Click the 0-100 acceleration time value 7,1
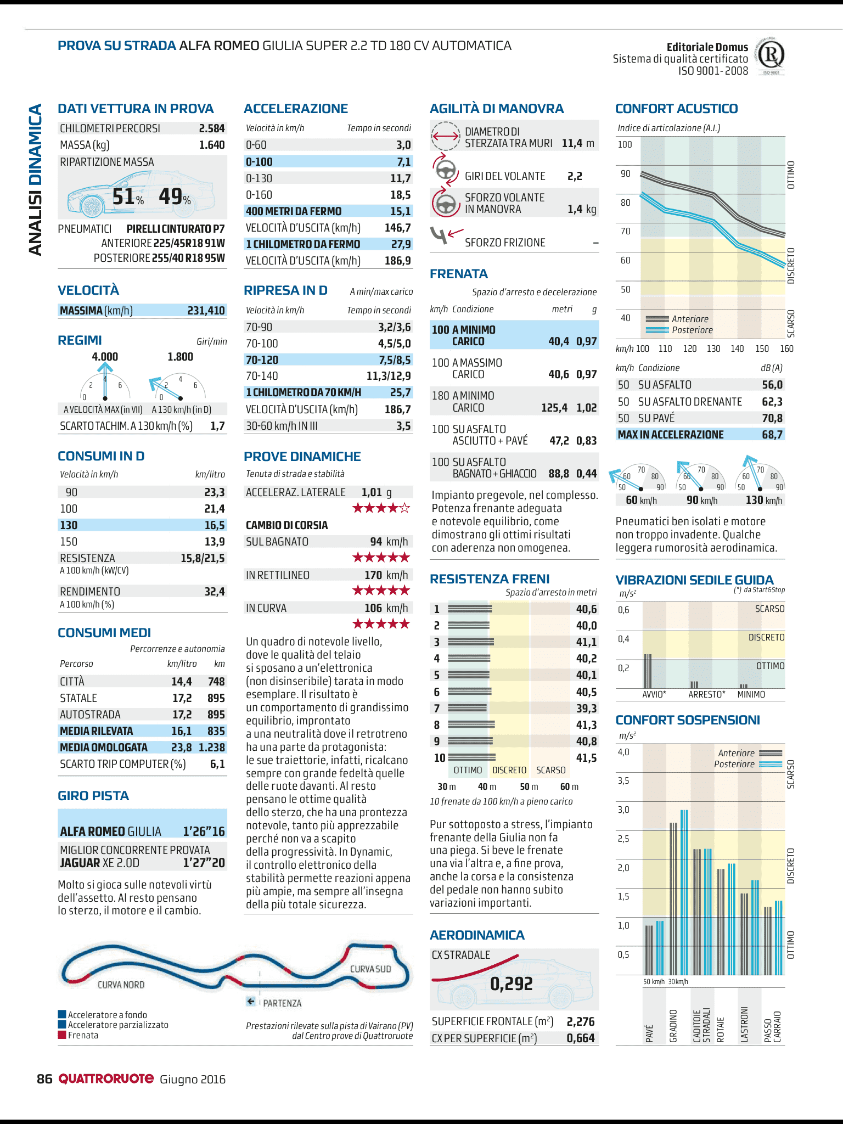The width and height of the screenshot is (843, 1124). (403, 162)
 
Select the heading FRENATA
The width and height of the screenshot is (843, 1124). (459, 274)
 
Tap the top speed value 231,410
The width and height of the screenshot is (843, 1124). (206, 311)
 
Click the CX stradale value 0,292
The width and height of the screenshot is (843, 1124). (512, 984)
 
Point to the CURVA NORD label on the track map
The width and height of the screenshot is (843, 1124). (121, 985)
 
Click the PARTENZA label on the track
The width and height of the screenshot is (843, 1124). (282, 1003)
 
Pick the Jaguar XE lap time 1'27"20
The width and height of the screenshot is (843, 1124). (204, 863)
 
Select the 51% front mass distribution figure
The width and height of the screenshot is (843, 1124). (128, 196)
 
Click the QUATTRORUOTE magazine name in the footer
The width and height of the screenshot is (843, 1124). (106, 1079)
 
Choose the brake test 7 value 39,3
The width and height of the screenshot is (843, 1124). (586, 709)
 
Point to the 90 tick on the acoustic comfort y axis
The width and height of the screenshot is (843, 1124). (626, 174)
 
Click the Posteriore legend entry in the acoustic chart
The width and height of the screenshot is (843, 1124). (692, 330)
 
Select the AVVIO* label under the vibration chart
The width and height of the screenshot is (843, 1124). (654, 694)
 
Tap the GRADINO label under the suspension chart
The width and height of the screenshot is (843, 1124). (673, 1025)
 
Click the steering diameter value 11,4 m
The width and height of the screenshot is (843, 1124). (578, 143)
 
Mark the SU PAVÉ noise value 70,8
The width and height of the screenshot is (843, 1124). (772, 418)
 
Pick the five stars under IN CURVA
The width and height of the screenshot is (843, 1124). (381, 623)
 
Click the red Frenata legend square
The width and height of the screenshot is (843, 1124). (62, 1035)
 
